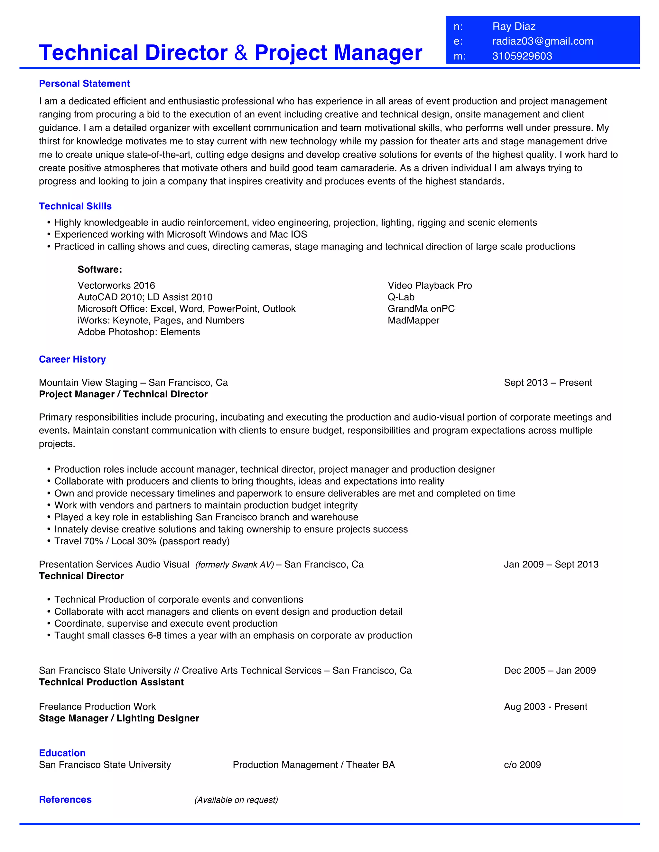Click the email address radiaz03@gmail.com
tap(543, 41)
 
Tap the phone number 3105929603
tap(522, 56)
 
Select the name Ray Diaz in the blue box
tap(514, 27)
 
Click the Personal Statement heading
tap(84, 84)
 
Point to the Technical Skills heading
tap(75, 206)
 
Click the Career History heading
tap(72, 359)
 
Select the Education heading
tap(62, 753)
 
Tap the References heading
tap(65, 800)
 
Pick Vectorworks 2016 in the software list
tap(116, 286)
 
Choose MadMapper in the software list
tap(413, 320)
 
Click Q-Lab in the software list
tap(401, 297)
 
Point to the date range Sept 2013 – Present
tap(548, 383)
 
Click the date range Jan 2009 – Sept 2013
tap(551, 565)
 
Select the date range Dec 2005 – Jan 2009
tap(550, 671)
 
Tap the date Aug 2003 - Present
tap(545, 707)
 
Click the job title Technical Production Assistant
tap(111, 682)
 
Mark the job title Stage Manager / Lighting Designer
tap(119, 719)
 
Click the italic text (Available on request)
tap(236, 800)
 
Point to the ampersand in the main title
tap(241, 53)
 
